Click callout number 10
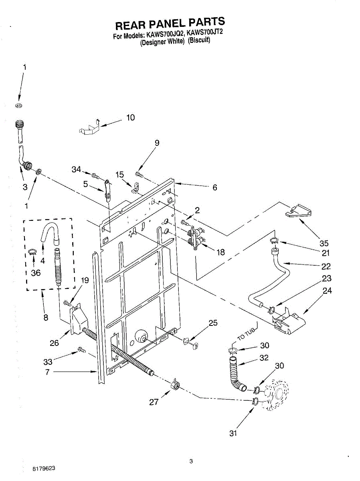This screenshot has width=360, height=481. [x=131, y=117]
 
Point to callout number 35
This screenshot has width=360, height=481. [x=324, y=243]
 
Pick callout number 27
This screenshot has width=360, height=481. [x=154, y=402]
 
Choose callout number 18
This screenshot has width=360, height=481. [x=220, y=252]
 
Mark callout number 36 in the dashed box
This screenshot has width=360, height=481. [x=36, y=273]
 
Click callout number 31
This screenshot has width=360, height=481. [x=233, y=433]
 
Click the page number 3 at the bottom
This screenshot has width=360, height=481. [x=191, y=461]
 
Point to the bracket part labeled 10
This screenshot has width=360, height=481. [x=89, y=129]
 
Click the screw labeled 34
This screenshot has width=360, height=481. [x=95, y=175]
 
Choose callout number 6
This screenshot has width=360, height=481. [x=215, y=187]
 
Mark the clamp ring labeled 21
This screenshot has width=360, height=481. [x=274, y=240]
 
